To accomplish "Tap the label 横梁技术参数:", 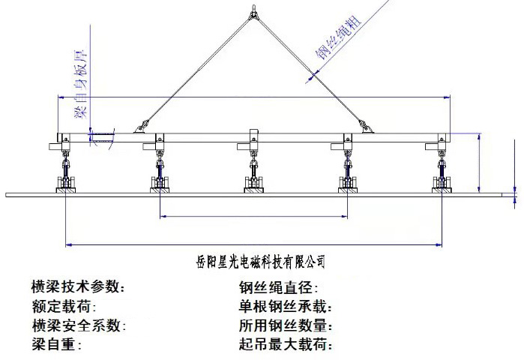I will [x=78, y=287].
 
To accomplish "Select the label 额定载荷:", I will [x=64, y=307].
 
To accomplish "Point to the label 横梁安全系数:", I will [x=78, y=326].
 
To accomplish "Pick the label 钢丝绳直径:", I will [x=279, y=287].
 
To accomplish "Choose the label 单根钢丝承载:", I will [x=286, y=307].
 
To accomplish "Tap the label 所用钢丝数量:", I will [x=286, y=326].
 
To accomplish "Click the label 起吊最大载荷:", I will [x=286, y=346].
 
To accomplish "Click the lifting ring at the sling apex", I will [x=254, y=10].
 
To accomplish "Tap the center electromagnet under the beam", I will [x=254, y=181].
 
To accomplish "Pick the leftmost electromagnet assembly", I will [x=66, y=181].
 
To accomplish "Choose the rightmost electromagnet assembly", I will [x=442, y=181].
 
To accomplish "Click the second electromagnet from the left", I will [x=159, y=181].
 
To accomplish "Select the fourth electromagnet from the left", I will [x=348, y=181].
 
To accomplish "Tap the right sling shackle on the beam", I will [x=367, y=128].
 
